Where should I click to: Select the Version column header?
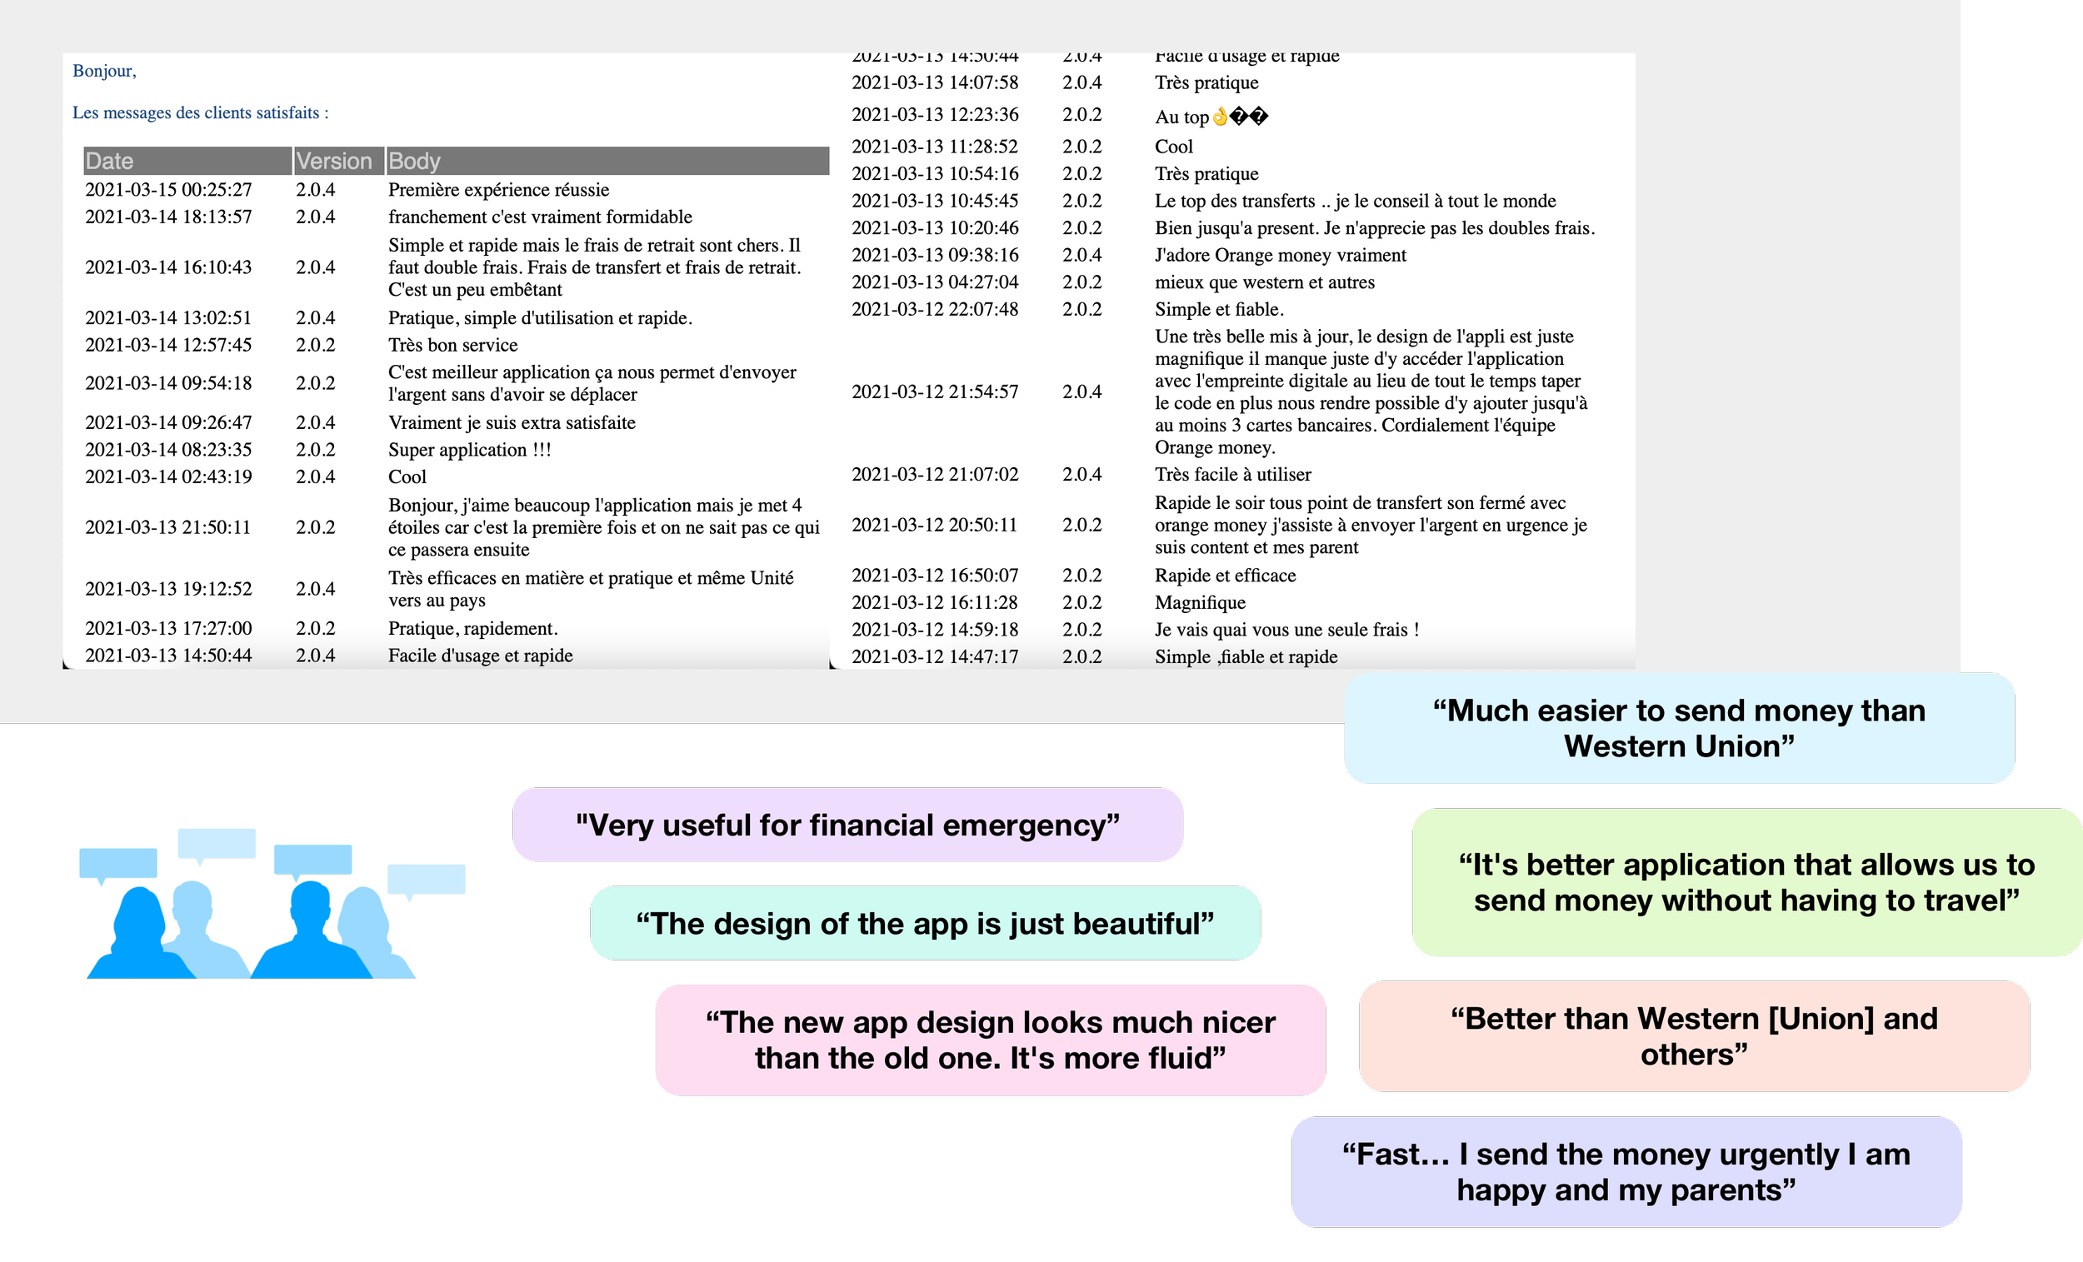(334, 161)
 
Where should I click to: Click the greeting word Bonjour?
(103, 71)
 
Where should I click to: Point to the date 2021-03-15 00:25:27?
(168, 189)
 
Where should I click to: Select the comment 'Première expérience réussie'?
(499, 189)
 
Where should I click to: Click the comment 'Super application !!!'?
(469, 450)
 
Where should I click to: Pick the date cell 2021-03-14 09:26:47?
(168, 422)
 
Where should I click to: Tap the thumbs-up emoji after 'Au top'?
(1220, 116)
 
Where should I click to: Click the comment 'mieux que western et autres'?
(1265, 282)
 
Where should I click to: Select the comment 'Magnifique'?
(1201, 603)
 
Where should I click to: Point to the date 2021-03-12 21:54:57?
(935, 392)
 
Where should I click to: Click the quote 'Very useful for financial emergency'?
(847, 825)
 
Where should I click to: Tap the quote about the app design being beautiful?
(925, 924)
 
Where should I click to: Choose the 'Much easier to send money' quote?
(1679, 729)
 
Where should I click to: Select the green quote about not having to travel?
(1746, 882)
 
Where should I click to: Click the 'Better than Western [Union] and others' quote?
(1694, 1036)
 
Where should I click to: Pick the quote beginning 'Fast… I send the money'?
(1626, 1171)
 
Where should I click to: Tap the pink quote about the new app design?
(990, 1040)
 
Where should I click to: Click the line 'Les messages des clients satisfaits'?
(199, 112)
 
